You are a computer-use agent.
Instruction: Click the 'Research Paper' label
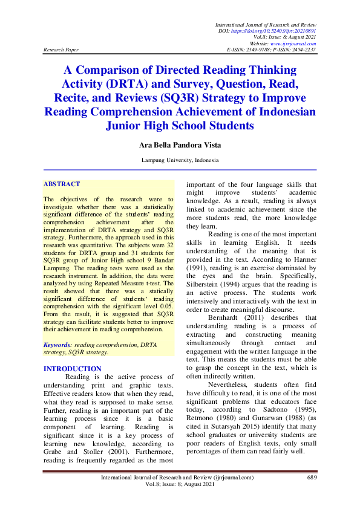(x=62, y=50)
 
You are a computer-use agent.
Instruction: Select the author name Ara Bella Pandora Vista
(x=180, y=144)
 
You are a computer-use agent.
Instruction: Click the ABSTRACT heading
(x=62, y=184)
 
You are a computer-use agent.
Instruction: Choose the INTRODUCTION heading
(x=73, y=368)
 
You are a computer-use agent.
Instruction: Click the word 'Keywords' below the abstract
(x=56, y=343)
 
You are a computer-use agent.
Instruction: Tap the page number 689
(x=312, y=478)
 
